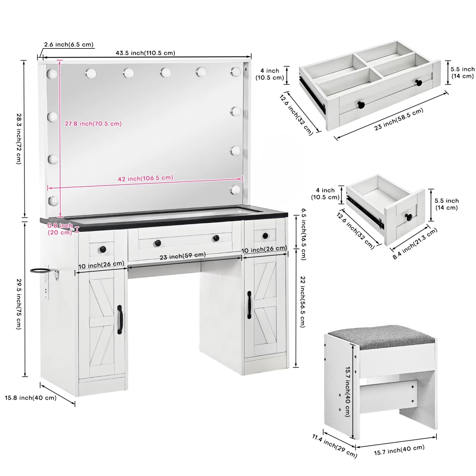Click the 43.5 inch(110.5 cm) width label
(x=145, y=53)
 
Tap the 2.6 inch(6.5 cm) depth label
(x=69, y=44)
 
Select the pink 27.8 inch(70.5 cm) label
(x=93, y=123)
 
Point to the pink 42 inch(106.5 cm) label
(x=145, y=178)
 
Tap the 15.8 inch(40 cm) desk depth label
(x=31, y=398)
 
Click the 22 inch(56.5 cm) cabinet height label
(x=303, y=302)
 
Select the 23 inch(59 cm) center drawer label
(x=183, y=256)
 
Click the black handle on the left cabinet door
(x=120, y=320)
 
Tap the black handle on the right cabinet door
(x=249, y=305)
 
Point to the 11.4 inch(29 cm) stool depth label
(x=335, y=446)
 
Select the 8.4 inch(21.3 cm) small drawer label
(x=415, y=243)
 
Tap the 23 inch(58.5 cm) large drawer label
(x=399, y=119)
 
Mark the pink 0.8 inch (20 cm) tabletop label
(x=60, y=229)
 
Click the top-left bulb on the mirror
(x=52, y=74)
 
